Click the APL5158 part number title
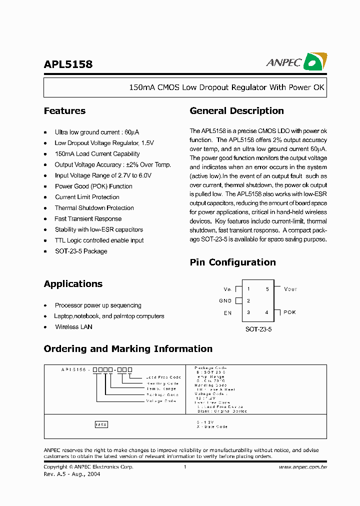click(x=68, y=64)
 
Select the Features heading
click(x=64, y=111)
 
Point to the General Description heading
click(x=236, y=111)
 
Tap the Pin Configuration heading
click(x=232, y=262)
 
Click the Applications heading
click(x=73, y=284)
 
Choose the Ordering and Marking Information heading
click(x=128, y=349)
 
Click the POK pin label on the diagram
click(x=290, y=312)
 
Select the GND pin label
click(x=225, y=301)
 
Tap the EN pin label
click(x=227, y=313)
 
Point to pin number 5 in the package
click(x=267, y=289)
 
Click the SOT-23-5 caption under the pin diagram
click(x=258, y=330)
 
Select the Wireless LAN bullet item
click(x=73, y=327)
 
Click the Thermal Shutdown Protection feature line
click(x=94, y=208)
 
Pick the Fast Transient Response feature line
click(x=88, y=219)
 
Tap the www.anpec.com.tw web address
click(x=302, y=467)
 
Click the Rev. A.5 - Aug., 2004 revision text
click(x=72, y=474)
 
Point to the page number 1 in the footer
click(x=185, y=467)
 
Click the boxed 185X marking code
click(x=101, y=424)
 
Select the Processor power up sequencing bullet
click(x=98, y=305)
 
